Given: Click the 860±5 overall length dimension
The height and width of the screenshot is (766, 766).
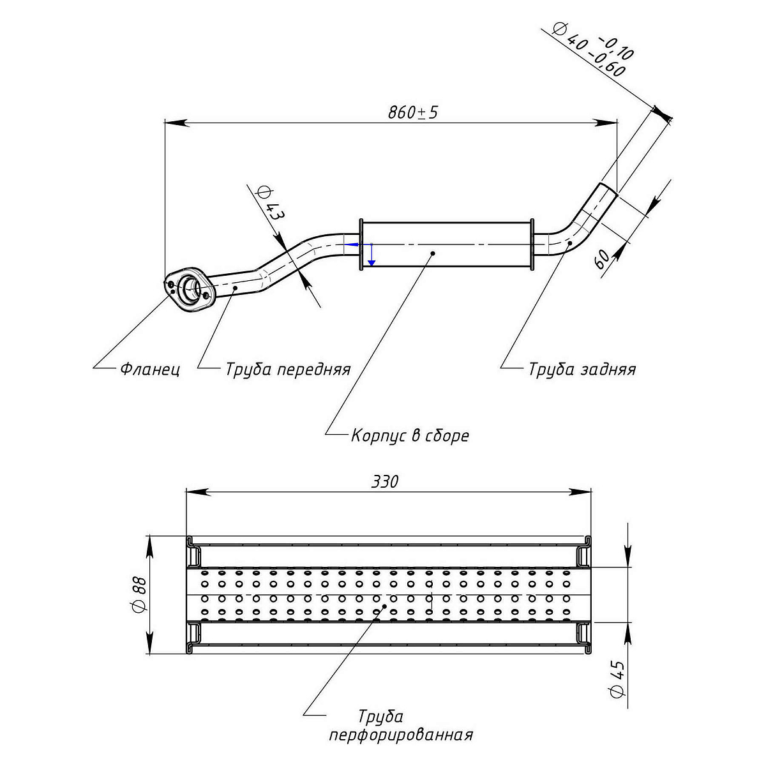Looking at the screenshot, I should click(x=413, y=113).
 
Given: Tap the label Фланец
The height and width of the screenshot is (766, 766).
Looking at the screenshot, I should click(x=150, y=369).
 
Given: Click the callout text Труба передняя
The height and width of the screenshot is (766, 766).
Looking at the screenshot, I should click(x=287, y=369).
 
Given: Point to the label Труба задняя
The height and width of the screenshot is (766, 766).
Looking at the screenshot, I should click(x=582, y=369).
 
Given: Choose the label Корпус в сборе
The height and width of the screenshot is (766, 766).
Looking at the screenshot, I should click(x=410, y=436).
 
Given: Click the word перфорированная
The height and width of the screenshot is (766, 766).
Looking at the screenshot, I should click(x=401, y=735).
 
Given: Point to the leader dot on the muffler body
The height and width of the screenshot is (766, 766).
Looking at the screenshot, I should click(x=433, y=253).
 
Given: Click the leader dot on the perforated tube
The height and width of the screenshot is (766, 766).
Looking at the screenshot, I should click(x=384, y=607).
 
